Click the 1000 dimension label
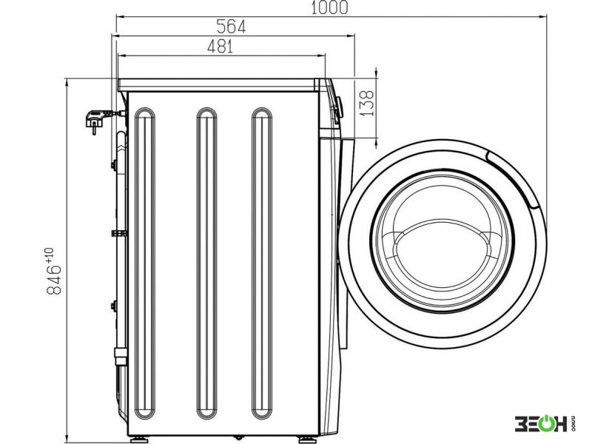[x=329, y=7]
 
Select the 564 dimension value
[x=231, y=27]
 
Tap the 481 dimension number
[x=220, y=47]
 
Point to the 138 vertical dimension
[x=366, y=103]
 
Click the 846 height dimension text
[x=53, y=271]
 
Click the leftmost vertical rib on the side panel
[x=145, y=263]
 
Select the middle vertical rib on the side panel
[x=206, y=263]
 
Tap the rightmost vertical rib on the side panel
[x=262, y=263]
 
